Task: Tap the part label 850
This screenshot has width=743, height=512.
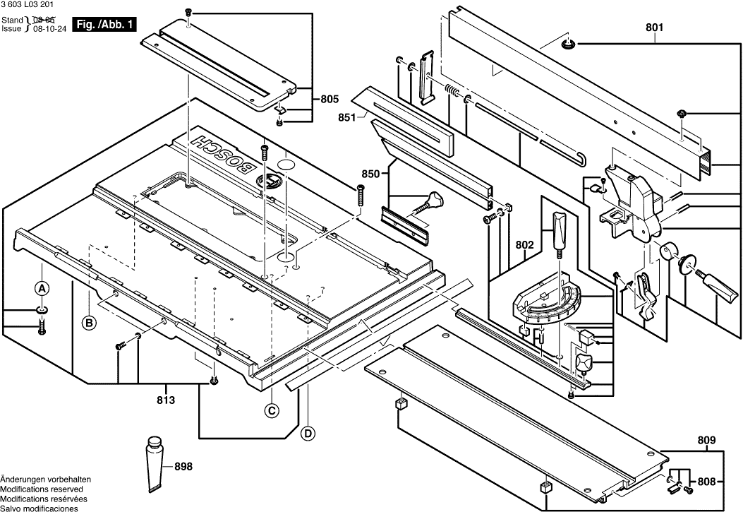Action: tap(371, 174)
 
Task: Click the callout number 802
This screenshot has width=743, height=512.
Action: tap(525, 246)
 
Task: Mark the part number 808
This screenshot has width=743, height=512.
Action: tap(706, 482)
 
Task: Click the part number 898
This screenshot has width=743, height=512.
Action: tap(183, 466)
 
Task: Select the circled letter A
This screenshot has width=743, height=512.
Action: tap(42, 288)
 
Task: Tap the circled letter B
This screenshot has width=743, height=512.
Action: tap(89, 323)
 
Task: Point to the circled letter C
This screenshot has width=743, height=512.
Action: tap(270, 410)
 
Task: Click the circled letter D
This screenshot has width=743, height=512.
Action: tap(308, 433)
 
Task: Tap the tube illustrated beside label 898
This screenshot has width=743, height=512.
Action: tap(155, 463)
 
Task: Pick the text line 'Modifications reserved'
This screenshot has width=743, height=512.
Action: tap(42, 489)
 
